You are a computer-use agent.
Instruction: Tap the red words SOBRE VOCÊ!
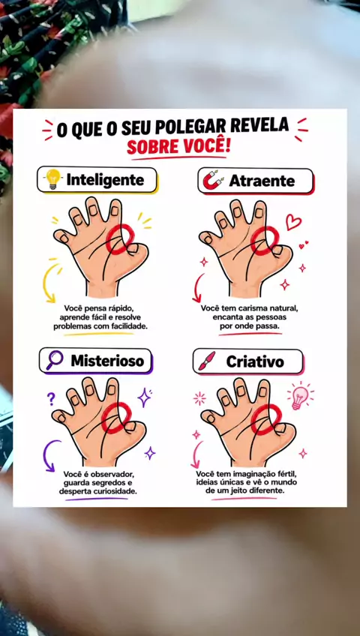(178, 147)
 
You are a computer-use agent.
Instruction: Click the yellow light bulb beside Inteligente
(52, 179)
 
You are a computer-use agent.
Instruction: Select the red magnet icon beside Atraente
(213, 181)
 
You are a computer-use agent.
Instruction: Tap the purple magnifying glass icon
(55, 360)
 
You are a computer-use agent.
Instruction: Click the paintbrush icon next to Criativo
(207, 361)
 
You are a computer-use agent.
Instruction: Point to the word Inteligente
(105, 180)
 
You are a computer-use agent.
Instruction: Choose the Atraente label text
(262, 181)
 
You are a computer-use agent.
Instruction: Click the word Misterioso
(107, 361)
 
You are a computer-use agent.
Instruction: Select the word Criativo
(255, 361)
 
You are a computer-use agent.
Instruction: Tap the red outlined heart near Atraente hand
(293, 222)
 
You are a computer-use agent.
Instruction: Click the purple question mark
(51, 399)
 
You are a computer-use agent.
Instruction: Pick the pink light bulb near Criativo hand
(300, 397)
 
